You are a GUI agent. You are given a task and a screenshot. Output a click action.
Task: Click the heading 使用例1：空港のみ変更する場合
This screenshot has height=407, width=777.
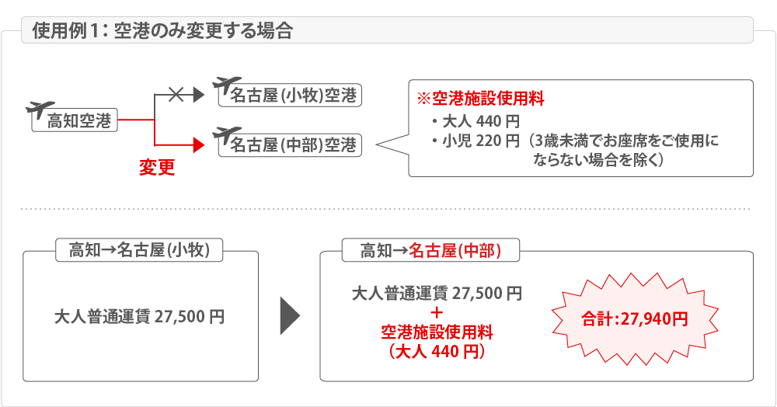point(162,31)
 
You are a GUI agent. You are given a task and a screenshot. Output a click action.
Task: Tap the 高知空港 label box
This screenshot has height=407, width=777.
point(75,120)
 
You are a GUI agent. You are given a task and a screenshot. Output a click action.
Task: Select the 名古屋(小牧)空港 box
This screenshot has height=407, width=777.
point(290,96)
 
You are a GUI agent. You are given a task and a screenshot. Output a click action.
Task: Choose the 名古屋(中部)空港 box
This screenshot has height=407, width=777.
point(290,145)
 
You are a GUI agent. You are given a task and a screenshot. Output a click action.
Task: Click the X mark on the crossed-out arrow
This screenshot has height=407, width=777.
point(176,94)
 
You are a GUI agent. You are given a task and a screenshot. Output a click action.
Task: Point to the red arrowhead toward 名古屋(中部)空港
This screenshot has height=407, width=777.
point(198,145)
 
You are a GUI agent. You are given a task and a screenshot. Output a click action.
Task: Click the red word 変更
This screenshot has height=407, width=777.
point(157,167)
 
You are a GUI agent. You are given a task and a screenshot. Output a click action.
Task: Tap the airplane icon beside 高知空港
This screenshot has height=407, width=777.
point(40,109)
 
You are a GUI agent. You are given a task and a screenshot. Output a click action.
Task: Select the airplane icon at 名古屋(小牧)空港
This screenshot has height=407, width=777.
point(226,85)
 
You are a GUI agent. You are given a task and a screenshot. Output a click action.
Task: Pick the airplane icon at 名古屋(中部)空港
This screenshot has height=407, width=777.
point(226,134)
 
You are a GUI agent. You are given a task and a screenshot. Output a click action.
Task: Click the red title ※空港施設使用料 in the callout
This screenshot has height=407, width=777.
point(481,99)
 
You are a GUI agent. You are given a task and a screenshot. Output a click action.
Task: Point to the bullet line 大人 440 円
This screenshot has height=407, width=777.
point(476,121)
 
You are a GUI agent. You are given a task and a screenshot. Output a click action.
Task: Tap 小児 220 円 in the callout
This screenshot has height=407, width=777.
point(476,141)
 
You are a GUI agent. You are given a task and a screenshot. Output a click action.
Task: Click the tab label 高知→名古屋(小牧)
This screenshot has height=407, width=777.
point(139,250)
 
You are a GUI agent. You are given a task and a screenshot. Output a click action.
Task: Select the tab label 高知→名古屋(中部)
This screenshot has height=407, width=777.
point(430,251)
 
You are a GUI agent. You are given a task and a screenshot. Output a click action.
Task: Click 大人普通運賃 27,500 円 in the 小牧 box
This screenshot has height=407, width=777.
point(139,316)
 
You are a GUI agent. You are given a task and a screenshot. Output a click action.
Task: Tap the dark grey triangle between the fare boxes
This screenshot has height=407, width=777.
point(290,316)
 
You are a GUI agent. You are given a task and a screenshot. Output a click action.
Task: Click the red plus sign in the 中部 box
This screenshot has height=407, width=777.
point(437,313)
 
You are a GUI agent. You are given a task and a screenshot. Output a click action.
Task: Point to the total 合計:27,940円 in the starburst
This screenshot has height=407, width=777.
point(635,319)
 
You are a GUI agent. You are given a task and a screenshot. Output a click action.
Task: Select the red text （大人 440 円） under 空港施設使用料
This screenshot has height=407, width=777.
point(437,351)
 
